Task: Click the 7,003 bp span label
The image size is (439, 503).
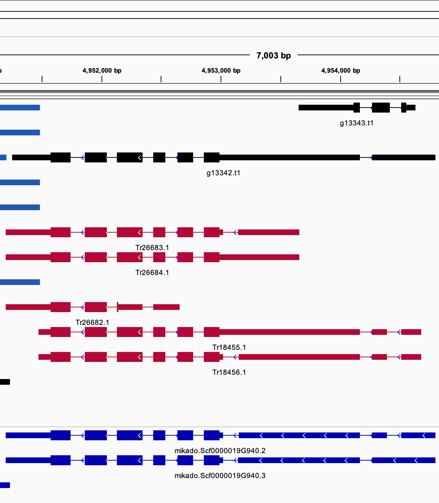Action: (x=274, y=56)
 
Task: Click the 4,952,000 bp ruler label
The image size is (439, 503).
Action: (x=102, y=71)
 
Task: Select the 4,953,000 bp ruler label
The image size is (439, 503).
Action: (x=221, y=71)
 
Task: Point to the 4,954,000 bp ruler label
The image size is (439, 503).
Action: (x=341, y=71)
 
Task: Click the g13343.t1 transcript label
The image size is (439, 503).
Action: (x=357, y=123)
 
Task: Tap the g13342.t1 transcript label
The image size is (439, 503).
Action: (x=223, y=173)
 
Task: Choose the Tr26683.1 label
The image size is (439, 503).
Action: (x=152, y=248)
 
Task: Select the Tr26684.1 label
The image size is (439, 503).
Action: (x=152, y=273)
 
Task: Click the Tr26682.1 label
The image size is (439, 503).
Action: (x=92, y=322)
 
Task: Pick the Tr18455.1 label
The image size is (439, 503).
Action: (x=229, y=347)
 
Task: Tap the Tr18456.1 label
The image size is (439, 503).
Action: (x=229, y=372)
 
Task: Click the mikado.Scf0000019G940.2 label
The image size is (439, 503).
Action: (x=220, y=451)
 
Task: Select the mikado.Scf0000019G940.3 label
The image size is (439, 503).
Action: (x=220, y=476)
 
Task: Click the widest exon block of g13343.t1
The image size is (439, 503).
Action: (x=381, y=108)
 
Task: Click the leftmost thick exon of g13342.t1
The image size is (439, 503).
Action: (x=61, y=157)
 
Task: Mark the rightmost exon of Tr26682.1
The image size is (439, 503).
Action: (x=166, y=307)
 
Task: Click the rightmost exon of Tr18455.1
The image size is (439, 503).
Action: (x=411, y=332)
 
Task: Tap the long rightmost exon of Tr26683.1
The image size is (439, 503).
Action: (x=269, y=232)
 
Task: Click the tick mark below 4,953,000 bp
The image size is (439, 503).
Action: (x=221, y=79)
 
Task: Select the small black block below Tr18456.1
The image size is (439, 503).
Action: (x=5, y=382)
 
